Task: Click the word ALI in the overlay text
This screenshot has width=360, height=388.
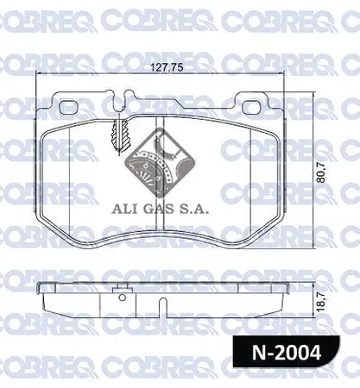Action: (x=125, y=208)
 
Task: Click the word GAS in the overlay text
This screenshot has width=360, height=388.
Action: (x=161, y=208)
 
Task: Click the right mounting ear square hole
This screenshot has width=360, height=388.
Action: (x=252, y=110)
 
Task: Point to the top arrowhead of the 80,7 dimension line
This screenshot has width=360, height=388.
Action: (x=312, y=94)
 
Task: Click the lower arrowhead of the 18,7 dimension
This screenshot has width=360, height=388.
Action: (x=312, y=315)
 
